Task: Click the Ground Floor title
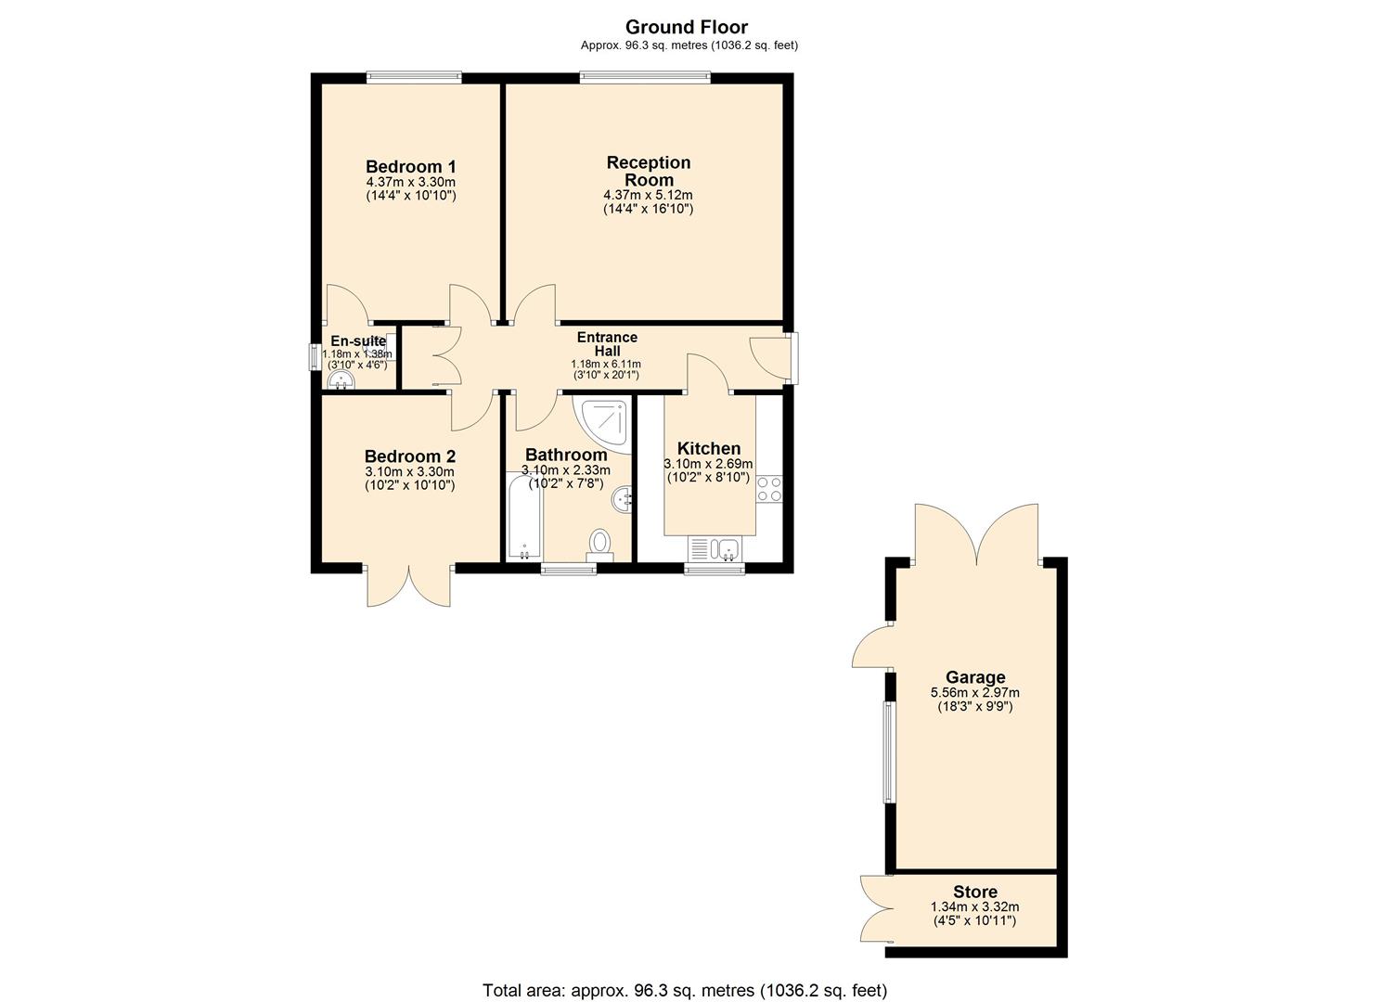(686, 27)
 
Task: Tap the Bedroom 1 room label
(410, 167)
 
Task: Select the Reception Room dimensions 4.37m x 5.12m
(648, 195)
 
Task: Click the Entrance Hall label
(607, 344)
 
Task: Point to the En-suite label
(357, 340)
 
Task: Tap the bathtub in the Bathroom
(523, 516)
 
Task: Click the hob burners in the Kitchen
(769, 489)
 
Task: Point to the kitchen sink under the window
(725, 549)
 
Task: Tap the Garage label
(975, 677)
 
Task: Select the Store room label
(974, 893)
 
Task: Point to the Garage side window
(888, 751)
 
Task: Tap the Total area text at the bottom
(685, 990)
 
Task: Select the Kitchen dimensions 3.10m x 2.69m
(707, 464)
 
